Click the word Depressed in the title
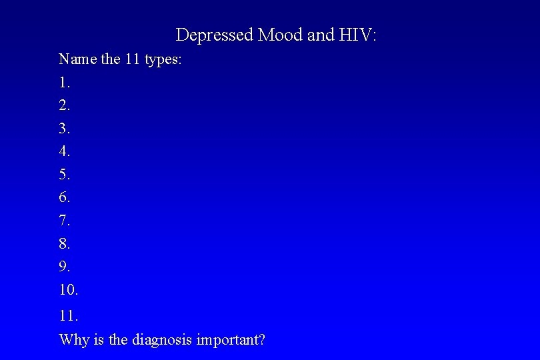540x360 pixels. click(214, 35)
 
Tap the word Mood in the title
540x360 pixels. click(280, 35)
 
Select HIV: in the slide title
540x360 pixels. click(357, 35)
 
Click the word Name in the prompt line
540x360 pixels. click(78, 59)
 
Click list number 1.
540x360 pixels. click(65, 83)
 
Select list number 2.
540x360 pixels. click(65, 105)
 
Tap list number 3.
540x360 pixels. click(65, 128)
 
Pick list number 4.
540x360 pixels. click(65, 151)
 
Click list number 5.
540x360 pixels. click(65, 175)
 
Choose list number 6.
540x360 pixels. click(65, 197)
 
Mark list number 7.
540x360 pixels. click(65, 221)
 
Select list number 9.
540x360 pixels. click(65, 267)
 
